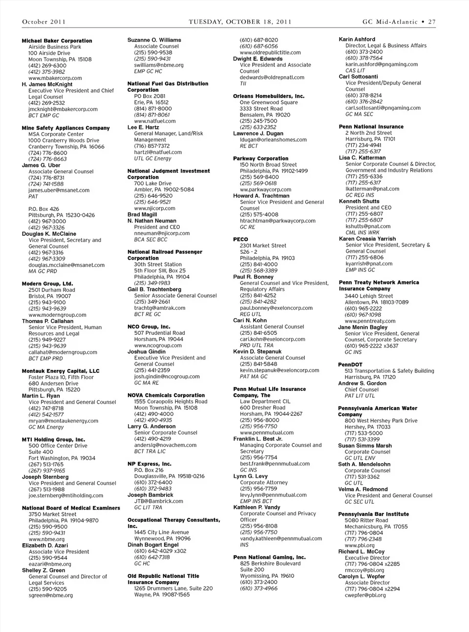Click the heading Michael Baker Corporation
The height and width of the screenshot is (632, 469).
(x=57, y=41)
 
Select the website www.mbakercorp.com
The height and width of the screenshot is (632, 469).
(x=55, y=78)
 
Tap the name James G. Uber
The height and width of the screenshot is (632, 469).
(x=41, y=165)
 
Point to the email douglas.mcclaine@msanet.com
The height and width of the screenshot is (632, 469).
(x=66, y=265)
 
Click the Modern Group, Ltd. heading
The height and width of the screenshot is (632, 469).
(x=47, y=284)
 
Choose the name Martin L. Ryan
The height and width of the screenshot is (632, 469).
(x=41, y=396)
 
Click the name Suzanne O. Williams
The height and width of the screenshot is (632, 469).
(x=154, y=40)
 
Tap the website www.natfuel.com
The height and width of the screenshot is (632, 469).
(x=155, y=121)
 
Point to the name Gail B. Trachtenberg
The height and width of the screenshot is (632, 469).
(x=154, y=289)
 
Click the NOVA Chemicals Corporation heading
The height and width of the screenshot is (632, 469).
(x=166, y=395)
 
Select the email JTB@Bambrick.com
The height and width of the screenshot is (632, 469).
(x=159, y=501)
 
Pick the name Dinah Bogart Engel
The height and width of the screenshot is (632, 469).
(x=153, y=545)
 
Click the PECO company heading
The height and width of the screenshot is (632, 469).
(x=240, y=240)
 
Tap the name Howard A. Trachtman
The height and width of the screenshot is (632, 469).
(x=261, y=196)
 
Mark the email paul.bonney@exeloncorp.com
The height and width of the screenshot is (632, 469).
(x=276, y=308)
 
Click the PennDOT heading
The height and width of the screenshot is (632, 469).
(x=350, y=365)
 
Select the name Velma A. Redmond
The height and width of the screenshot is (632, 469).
(x=363, y=489)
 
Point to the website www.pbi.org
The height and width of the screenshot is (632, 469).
(x=360, y=545)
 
